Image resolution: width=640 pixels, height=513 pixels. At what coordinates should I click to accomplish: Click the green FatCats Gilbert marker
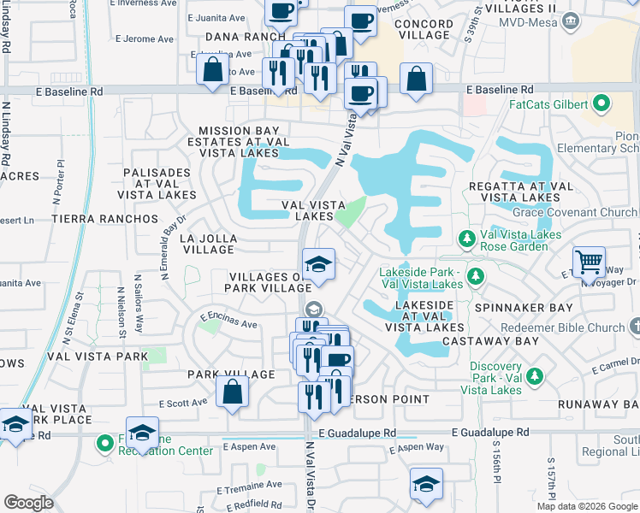click(x=601, y=105)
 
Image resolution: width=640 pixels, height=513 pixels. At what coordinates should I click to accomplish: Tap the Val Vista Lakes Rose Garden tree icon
click(x=467, y=238)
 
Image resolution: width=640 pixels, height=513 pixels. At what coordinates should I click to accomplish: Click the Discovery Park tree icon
click(x=535, y=374)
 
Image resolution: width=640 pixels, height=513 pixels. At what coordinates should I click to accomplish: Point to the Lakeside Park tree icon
click(x=477, y=275)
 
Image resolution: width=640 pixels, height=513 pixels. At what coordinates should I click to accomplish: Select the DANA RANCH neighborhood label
click(x=245, y=37)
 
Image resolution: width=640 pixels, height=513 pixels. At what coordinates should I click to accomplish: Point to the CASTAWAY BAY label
click(x=503, y=341)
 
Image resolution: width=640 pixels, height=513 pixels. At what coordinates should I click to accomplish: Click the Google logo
click(x=29, y=502)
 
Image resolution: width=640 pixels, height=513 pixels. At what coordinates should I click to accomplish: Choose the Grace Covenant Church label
click(x=575, y=212)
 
